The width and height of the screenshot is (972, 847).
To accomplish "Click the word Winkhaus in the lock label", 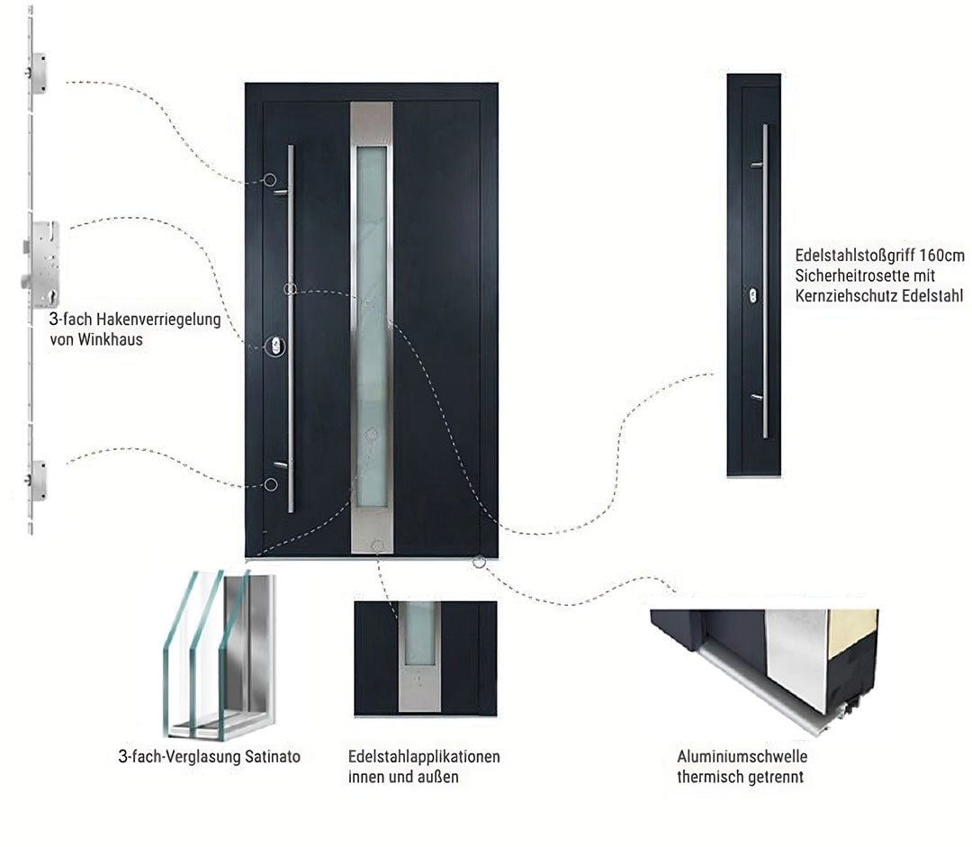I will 112,339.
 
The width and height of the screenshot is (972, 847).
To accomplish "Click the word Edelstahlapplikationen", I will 424,756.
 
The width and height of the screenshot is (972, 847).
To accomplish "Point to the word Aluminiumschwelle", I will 742,756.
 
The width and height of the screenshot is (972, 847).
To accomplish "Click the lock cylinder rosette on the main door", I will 274,345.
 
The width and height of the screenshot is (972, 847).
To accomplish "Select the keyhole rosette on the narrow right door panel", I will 752,294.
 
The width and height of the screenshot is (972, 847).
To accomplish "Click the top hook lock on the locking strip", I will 38,74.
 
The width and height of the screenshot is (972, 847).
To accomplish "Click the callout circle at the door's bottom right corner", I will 479,563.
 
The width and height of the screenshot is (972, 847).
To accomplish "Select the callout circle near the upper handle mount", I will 269,180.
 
